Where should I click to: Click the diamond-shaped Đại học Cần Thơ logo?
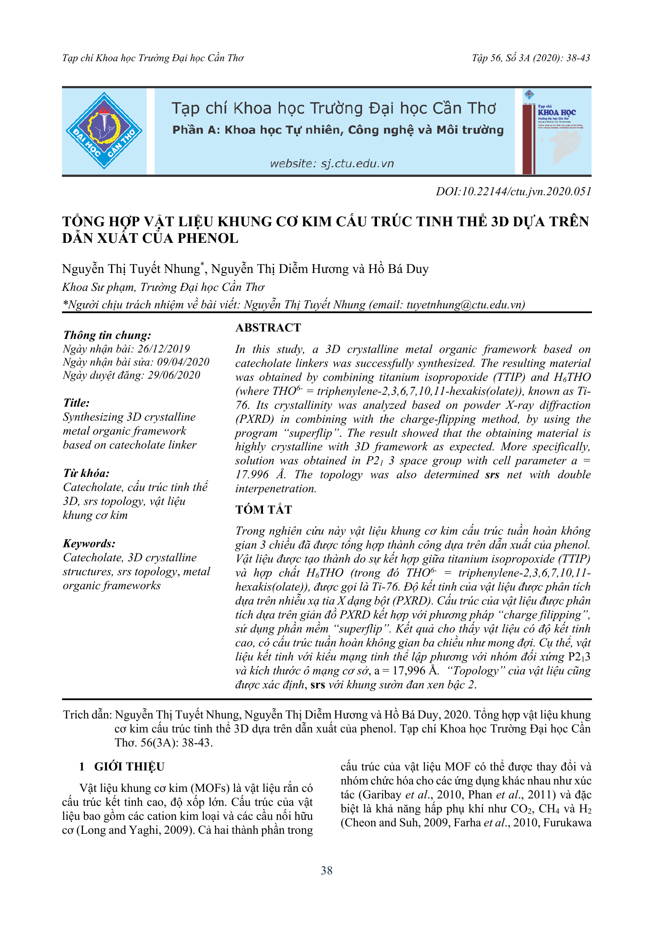pos(104,131)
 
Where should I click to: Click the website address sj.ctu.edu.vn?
pos(332,164)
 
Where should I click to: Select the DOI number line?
pos(513,191)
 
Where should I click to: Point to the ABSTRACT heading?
pos(268,328)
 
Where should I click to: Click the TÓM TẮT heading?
pos(263,509)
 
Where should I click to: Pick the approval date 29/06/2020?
pos(174,375)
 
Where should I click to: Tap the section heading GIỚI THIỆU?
pos(129,767)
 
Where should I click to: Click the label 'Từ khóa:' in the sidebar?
pos(86,473)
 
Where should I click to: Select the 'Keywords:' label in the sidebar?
pos(89,543)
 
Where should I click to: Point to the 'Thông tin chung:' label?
pos(107,335)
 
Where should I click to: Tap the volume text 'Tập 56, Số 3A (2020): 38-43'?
pos(531,58)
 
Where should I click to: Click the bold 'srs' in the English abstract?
pos(492,475)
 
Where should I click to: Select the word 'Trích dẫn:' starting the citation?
pos(87,715)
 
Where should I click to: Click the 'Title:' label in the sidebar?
pos(76,403)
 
